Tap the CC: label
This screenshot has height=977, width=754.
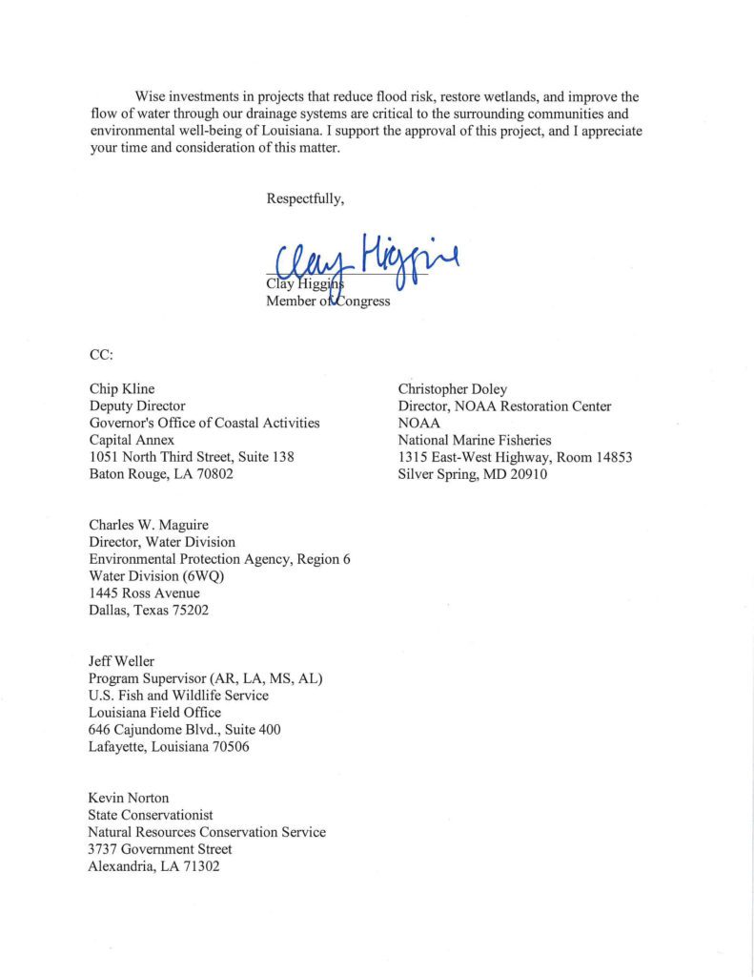click(x=101, y=355)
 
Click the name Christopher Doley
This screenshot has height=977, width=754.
click(x=453, y=389)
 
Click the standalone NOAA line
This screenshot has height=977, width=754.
click(x=418, y=424)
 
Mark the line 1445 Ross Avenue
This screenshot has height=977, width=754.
click(x=144, y=593)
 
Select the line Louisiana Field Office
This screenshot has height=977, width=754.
click(x=154, y=712)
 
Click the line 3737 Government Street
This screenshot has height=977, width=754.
click(x=160, y=848)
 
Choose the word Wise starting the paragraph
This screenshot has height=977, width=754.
click(x=152, y=97)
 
